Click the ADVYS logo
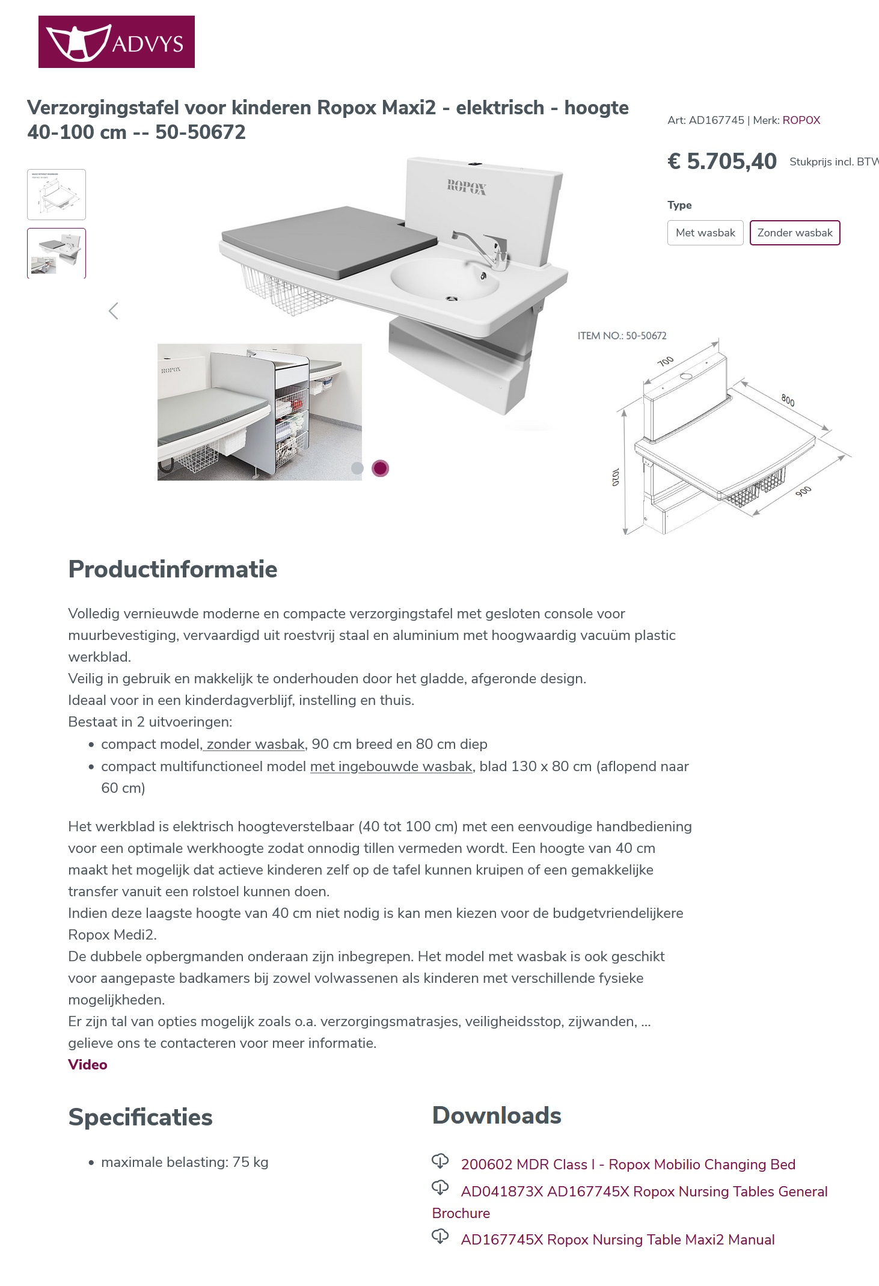point(116,42)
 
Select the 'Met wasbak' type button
point(705,233)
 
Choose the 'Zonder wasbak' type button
point(794,233)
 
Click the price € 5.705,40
point(722,161)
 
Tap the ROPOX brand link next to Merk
point(801,120)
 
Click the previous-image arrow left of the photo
point(113,311)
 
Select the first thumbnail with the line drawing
point(57,194)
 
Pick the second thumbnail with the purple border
point(57,253)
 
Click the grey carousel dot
point(357,468)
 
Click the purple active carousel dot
point(380,468)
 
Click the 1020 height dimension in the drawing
point(615,476)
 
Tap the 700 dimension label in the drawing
point(665,361)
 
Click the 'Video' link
point(88,1065)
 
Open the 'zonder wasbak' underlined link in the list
point(255,745)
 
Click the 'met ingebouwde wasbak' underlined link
point(391,767)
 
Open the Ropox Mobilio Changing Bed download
point(628,1164)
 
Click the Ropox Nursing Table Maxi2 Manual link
point(617,1240)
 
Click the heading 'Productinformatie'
point(173,569)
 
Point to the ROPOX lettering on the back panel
point(466,187)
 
